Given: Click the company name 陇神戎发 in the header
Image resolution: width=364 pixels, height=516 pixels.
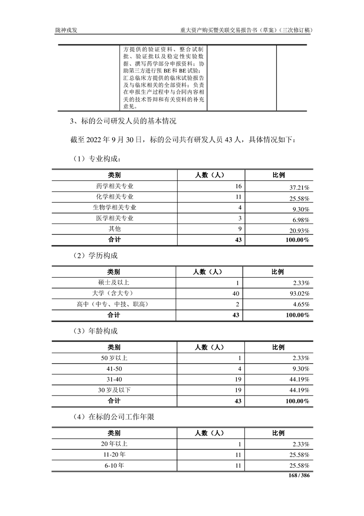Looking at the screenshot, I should (x=66, y=31).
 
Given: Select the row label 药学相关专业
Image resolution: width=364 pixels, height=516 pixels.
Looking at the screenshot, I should (x=114, y=186).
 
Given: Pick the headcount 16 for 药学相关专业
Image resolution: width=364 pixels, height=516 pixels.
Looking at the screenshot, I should (x=238, y=186).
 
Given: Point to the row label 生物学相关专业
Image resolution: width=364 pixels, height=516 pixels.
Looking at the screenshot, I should (x=114, y=207).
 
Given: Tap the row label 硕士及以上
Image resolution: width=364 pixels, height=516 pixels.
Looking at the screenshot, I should (x=114, y=282).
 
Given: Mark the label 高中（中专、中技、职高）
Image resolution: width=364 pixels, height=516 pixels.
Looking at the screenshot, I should (x=114, y=304).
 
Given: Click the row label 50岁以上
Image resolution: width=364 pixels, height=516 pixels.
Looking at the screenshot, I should (x=114, y=358).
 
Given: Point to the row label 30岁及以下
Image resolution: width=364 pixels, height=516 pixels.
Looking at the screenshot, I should (x=114, y=390).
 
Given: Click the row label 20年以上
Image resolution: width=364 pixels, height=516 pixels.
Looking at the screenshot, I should (x=114, y=444).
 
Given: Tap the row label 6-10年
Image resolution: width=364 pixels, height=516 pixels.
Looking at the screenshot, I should (x=114, y=465).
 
